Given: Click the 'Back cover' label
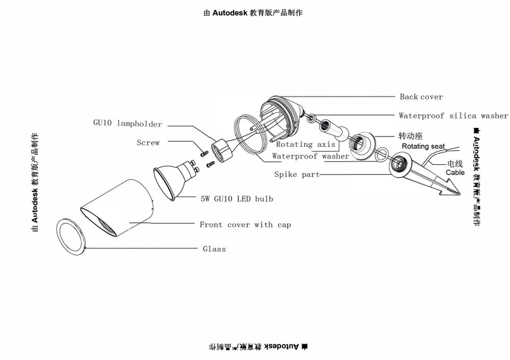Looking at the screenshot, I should coord(421,97).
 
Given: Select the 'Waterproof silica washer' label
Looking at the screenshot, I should coord(453,116).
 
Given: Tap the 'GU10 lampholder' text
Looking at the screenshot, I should coord(127,123).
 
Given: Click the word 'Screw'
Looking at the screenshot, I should coord(148,143).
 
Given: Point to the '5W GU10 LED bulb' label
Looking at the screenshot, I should coord(237,198).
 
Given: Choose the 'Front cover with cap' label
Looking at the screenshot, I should coord(245,224).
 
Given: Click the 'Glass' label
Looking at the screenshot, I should coord(214,249).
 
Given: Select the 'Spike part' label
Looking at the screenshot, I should coord(297,174).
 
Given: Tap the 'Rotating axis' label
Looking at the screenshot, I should coord(305,145).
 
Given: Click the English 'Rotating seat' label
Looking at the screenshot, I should coord(423,146).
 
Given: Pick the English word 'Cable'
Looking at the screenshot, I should coord(455,172).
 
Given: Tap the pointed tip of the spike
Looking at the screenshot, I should coord(458,194).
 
